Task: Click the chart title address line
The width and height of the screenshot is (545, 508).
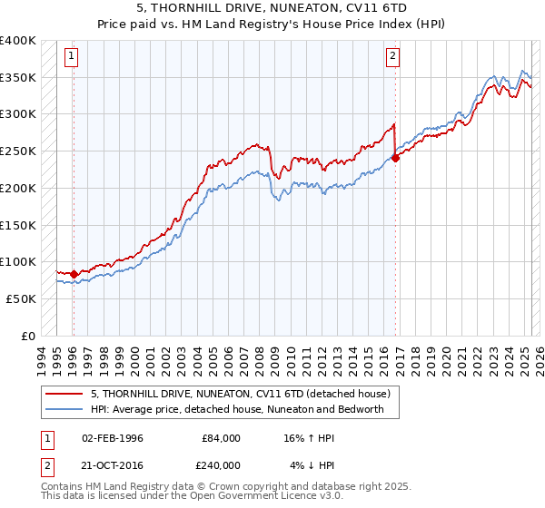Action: (x=272, y=7)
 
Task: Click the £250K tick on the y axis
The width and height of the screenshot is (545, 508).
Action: (x=18, y=151)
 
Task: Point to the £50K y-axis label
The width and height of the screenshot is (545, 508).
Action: (x=21, y=298)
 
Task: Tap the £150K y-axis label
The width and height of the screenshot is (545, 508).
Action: (x=18, y=224)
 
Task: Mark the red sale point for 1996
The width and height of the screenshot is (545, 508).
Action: (x=74, y=273)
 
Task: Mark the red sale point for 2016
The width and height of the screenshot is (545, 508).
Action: (x=395, y=158)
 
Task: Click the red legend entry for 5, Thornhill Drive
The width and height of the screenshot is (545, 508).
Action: (x=240, y=394)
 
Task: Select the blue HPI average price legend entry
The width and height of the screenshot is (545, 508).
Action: (x=237, y=409)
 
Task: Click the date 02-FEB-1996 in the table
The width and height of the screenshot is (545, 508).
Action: (x=113, y=438)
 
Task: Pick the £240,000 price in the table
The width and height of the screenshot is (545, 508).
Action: (x=222, y=464)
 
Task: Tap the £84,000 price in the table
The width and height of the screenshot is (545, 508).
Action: (x=222, y=438)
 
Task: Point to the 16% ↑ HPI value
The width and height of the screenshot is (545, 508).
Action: (x=309, y=438)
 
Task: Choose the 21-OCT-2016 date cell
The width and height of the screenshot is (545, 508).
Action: (x=113, y=464)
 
